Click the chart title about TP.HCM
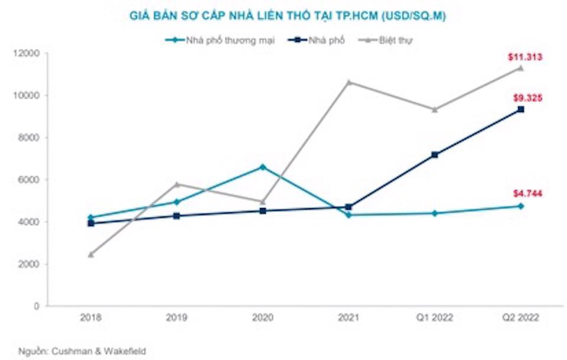(288, 17)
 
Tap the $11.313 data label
(525, 57)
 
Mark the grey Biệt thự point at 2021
(348, 82)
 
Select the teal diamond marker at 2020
(263, 167)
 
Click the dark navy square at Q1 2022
(435, 155)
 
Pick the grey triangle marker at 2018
(90, 254)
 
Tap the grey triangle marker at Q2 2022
(520, 68)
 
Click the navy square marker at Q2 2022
(520, 109)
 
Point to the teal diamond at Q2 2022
(520, 206)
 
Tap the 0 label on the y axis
(37, 306)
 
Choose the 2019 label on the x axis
(177, 317)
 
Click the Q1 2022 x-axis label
(435, 317)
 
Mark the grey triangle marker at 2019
(177, 184)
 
